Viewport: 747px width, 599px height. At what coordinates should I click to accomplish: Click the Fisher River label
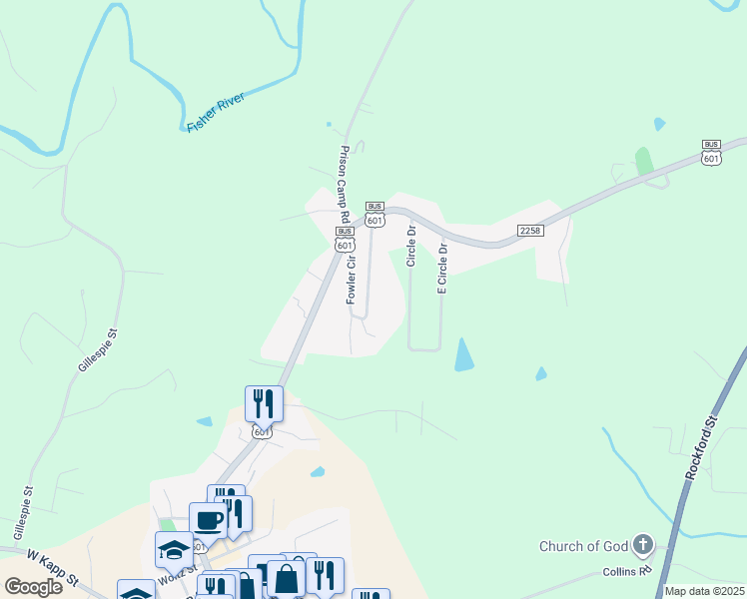(x=216, y=113)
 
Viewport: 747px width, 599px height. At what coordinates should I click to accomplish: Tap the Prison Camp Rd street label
(x=344, y=185)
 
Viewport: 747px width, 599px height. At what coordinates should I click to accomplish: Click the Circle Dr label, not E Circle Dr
(x=410, y=245)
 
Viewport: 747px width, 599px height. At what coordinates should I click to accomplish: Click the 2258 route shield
(x=529, y=231)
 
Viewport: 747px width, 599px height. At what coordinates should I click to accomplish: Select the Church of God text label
(x=584, y=546)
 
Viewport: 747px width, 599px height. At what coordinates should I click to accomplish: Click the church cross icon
(x=643, y=545)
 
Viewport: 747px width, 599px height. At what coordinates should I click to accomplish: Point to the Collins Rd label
(x=626, y=570)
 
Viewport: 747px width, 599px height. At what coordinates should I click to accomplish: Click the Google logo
(x=33, y=586)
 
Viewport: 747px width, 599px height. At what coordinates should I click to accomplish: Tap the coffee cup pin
(x=208, y=519)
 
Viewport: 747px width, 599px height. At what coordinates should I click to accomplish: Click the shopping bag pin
(x=286, y=578)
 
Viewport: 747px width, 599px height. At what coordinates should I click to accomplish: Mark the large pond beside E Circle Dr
(x=464, y=355)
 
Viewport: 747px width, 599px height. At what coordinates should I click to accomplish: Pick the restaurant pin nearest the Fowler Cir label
(x=264, y=403)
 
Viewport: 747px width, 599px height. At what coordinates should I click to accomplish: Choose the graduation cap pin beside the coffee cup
(x=174, y=549)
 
